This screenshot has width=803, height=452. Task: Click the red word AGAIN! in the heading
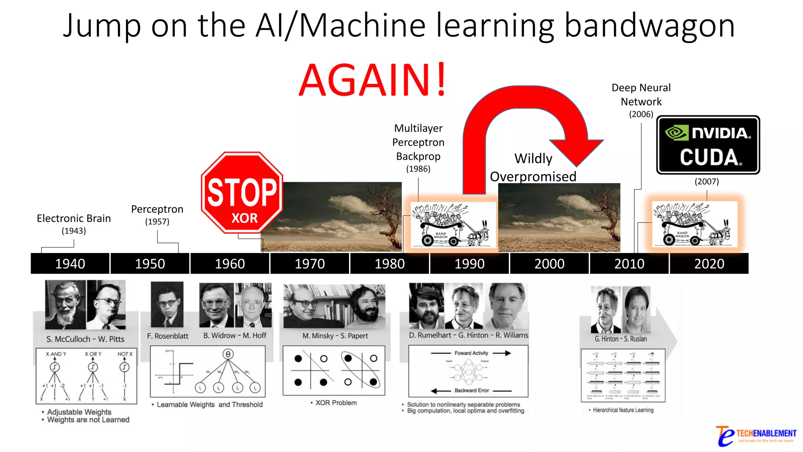(372, 80)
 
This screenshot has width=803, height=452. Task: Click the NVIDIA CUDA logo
(708, 145)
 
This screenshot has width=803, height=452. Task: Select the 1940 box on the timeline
(70, 264)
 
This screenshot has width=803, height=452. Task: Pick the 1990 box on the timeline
(469, 264)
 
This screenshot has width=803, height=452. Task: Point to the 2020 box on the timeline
(709, 264)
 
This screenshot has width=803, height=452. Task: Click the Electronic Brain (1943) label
(74, 223)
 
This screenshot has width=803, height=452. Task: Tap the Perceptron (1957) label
(157, 214)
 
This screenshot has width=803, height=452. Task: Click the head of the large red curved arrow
(576, 151)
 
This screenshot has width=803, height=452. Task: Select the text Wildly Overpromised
(533, 168)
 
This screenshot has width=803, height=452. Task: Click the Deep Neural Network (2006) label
(641, 100)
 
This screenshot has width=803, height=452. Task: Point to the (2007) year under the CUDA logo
(707, 182)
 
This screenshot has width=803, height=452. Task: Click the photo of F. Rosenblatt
(167, 304)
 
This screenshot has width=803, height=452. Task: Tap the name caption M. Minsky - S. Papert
(335, 336)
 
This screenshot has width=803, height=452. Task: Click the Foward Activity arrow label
(471, 353)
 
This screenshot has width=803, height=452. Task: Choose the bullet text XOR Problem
(336, 403)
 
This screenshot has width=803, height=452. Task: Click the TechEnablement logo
(756, 436)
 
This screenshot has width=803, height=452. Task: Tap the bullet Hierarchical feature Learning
(623, 410)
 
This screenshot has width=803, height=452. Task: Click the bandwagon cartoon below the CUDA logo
(694, 224)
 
